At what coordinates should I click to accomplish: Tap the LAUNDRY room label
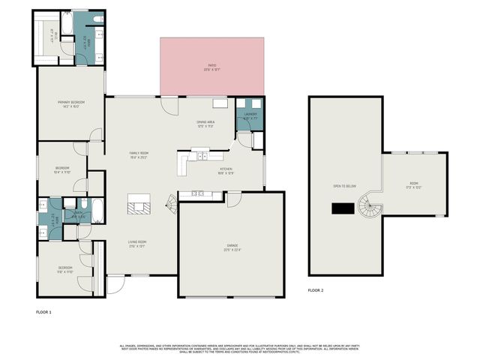pyautogui.click(x=250, y=116)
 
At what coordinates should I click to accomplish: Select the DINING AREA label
pyautogui.click(x=205, y=123)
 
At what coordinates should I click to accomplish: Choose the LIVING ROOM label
pyautogui.click(x=136, y=243)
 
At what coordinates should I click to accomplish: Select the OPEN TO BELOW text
pyautogui.click(x=344, y=185)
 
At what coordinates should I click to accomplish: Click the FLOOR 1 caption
pyautogui.click(x=43, y=310)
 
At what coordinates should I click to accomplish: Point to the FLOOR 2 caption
pyautogui.click(x=316, y=289)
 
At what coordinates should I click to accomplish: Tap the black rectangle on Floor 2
pyautogui.click(x=343, y=208)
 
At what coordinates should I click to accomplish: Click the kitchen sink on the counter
pyautogui.click(x=202, y=156)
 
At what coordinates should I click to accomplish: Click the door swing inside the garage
pyautogui.click(x=233, y=199)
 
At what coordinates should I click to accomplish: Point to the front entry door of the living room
pyautogui.click(x=116, y=283)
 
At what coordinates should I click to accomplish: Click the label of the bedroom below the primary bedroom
pyautogui.click(x=62, y=169)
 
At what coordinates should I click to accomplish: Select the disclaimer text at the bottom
pyautogui.click(x=240, y=348)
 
